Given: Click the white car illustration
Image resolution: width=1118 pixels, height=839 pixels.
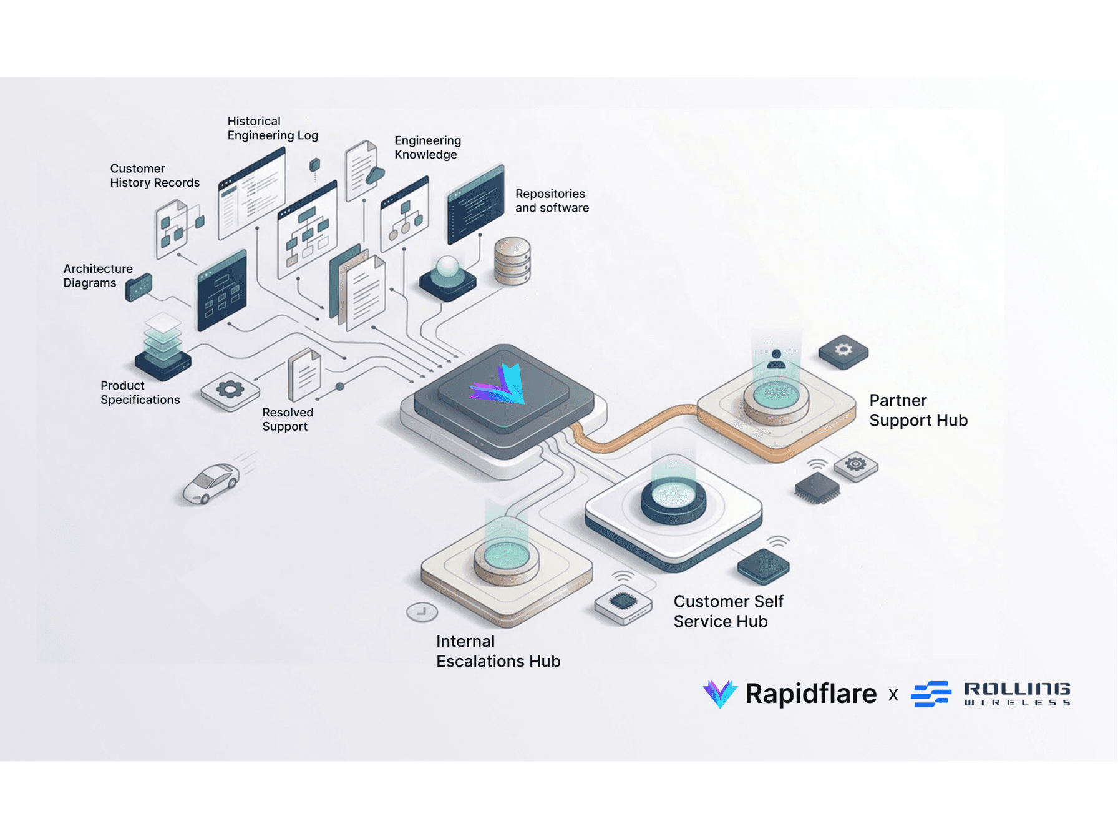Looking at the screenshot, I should [x=211, y=483].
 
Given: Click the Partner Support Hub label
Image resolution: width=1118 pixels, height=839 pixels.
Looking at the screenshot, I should [x=918, y=410].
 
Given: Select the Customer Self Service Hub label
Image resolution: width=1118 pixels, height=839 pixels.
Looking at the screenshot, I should [x=727, y=611].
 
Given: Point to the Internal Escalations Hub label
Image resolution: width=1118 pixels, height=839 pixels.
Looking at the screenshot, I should [x=497, y=651].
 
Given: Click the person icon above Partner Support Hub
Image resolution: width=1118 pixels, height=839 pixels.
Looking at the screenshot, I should [x=776, y=359].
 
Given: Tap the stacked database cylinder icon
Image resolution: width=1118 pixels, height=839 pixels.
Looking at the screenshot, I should [x=512, y=260].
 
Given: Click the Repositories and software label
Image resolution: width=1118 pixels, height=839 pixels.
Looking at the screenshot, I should [x=552, y=200].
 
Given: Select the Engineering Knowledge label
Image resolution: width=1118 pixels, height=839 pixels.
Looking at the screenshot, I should [x=427, y=147].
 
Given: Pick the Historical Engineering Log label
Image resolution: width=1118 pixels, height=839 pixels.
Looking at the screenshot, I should [x=272, y=128].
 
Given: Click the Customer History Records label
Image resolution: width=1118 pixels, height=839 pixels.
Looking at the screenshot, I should [x=154, y=175].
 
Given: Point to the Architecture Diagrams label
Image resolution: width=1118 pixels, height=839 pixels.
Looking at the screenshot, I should [x=97, y=275].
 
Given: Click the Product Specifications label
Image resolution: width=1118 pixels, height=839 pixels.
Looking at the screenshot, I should [x=140, y=393].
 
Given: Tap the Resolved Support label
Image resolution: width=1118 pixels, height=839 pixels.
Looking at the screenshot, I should [x=287, y=419].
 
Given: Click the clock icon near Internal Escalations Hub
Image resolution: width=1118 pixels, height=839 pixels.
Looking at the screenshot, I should [x=422, y=612].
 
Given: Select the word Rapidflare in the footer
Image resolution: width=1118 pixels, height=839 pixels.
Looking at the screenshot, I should [x=810, y=694].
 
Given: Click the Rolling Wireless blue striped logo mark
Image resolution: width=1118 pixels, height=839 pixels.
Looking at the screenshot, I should [x=931, y=694].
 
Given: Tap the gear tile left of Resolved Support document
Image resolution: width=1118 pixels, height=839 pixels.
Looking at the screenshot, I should [x=230, y=391].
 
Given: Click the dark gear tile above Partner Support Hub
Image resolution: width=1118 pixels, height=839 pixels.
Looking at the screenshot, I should [x=843, y=351].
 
